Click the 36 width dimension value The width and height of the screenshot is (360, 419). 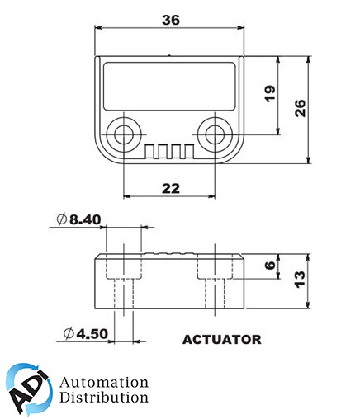(x=172, y=20)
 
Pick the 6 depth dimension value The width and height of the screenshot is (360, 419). (x=268, y=266)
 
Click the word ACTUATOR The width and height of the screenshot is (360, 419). (x=221, y=338)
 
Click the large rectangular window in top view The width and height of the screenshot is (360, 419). (x=171, y=84)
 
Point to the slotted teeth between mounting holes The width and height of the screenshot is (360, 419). (x=170, y=151)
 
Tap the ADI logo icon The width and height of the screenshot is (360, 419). (x=29, y=389)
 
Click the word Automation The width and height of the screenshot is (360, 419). (x=104, y=383)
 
